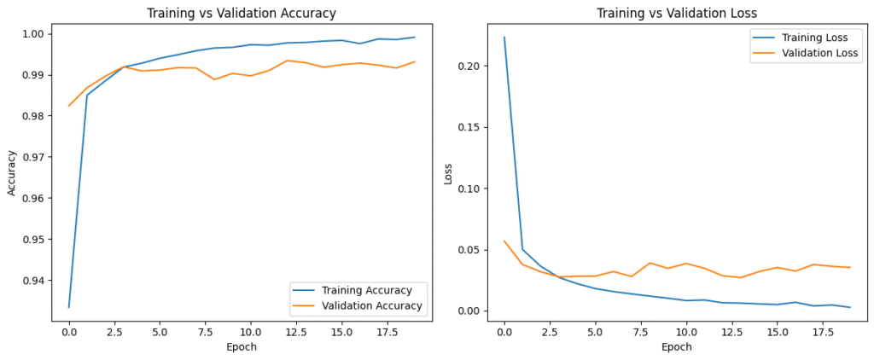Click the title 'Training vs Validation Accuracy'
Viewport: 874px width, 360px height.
[242, 13]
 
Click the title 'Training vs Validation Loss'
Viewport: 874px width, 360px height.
[677, 13]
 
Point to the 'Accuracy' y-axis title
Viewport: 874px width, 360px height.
[12, 174]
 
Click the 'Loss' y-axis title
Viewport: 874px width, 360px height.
[448, 174]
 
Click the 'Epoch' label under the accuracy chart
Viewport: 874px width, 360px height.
[242, 347]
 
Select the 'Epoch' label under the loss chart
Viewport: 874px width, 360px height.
[677, 347]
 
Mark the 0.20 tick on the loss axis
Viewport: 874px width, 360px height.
[475, 66]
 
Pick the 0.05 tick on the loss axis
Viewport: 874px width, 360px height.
[475, 250]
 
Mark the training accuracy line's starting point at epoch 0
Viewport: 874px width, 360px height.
[69, 307]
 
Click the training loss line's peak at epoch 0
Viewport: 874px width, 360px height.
[504, 38]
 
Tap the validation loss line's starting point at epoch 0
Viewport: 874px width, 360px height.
[504, 241]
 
